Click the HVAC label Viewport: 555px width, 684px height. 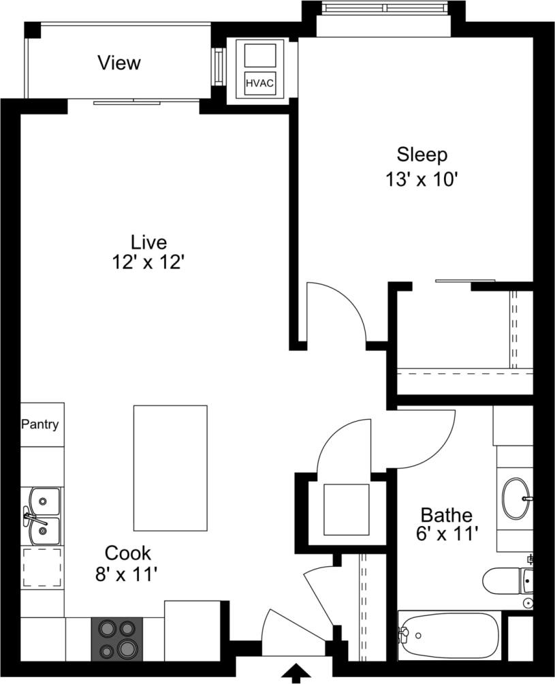[x=259, y=83]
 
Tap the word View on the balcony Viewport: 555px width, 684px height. [x=119, y=63]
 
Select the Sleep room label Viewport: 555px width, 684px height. [x=422, y=155]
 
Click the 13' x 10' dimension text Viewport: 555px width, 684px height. [x=420, y=181]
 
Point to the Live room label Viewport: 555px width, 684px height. [x=148, y=242]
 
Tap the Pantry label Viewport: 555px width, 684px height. [x=39, y=424]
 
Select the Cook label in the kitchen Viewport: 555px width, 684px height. [x=127, y=553]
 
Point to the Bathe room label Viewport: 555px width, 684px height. [x=446, y=514]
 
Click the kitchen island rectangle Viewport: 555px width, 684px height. [x=170, y=468]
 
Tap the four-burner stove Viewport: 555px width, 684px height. [x=117, y=639]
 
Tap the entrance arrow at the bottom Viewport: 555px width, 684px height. [x=296, y=674]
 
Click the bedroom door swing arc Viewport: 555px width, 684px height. [x=337, y=310]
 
